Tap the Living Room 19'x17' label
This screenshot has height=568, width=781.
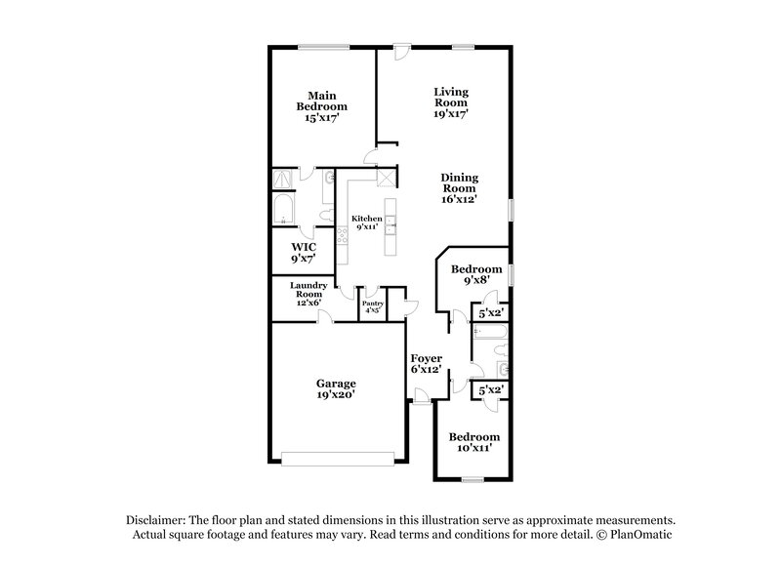(x=451, y=102)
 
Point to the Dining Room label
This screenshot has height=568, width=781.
(x=459, y=187)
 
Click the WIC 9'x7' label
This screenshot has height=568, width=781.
(x=303, y=253)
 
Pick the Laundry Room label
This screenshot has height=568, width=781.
(x=308, y=294)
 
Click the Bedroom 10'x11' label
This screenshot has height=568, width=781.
(x=473, y=442)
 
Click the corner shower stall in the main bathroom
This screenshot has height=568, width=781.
(x=284, y=179)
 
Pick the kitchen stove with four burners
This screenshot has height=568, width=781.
(x=344, y=235)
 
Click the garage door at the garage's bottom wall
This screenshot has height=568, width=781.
(x=337, y=454)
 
